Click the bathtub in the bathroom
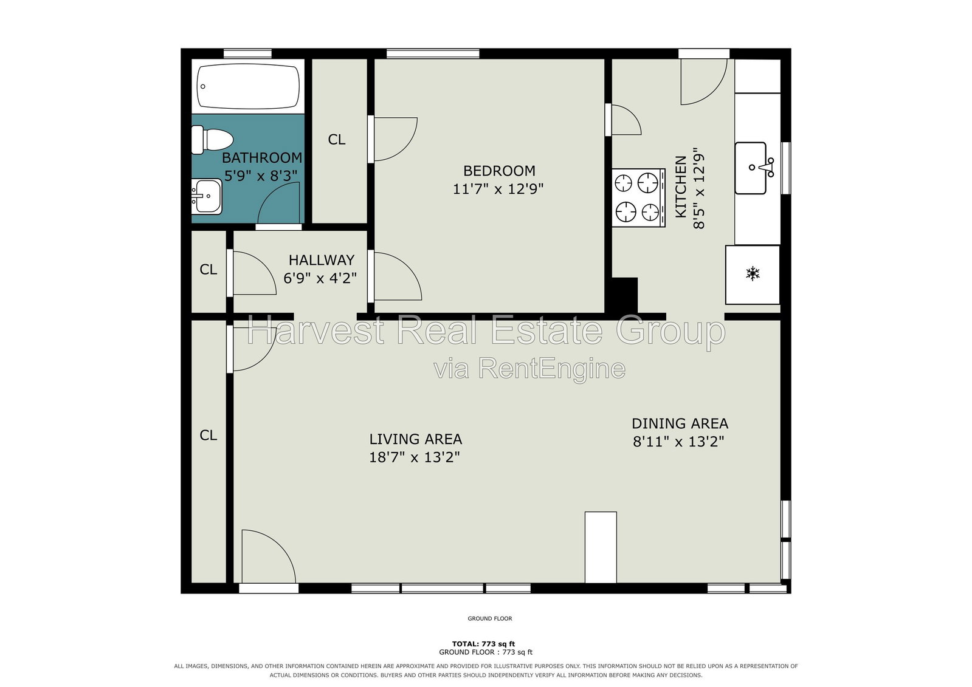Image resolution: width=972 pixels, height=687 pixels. click(x=248, y=86)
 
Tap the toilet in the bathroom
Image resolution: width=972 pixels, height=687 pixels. click(x=212, y=140)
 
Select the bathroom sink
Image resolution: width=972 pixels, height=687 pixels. click(x=207, y=196)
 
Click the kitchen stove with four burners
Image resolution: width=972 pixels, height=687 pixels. click(x=638, y=197)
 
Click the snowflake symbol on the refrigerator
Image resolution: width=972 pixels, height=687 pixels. click(x=753, y=274)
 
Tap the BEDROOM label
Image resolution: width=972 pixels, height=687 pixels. click(x=499, y=171)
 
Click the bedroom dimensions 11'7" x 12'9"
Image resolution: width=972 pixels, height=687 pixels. click(x=498, y=189)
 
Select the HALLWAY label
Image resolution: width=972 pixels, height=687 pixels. click(x=322, y=260)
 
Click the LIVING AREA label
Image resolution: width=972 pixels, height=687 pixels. click(x=416, y=439)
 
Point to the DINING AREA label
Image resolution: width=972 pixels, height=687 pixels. click(x=680, y=423)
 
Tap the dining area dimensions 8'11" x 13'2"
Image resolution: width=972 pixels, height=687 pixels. click(x=678, y=442)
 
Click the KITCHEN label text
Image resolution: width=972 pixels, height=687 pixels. click(x=681, y=187)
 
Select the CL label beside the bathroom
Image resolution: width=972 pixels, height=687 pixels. click(x=337, y=139)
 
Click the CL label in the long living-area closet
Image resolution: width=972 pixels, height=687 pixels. click(x=209, y=435)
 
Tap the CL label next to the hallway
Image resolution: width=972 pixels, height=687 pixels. click(x=209, y=269)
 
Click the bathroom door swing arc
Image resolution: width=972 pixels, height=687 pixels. click(x=270, y=193)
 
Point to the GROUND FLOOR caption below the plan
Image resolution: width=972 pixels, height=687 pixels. click(x=490, y=618)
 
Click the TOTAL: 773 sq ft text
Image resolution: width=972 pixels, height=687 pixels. click(x=483, y=644)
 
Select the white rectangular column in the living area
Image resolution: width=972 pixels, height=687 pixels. click(x=601, y=547)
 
